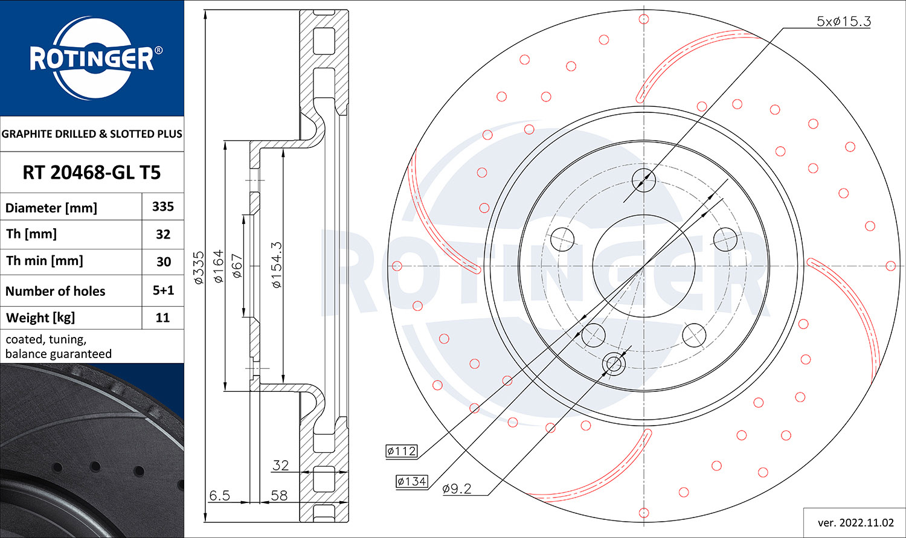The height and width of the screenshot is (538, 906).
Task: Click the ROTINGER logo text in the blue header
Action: [x=92, y=59]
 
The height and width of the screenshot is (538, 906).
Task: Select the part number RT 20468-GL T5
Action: [x=92, y=173]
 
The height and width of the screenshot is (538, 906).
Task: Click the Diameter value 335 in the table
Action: [x=163, y=207]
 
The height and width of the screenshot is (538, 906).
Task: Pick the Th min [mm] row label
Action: [x=45, y=261]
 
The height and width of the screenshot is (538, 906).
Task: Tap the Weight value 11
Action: [x=163, y=318]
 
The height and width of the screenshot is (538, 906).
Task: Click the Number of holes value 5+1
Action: [x=163, y=290]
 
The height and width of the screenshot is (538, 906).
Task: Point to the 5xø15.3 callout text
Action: [x=843, y=21]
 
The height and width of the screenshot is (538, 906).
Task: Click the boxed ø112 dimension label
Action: [x=402, y=451]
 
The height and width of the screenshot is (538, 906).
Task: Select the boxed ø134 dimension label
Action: [x=412, y=481]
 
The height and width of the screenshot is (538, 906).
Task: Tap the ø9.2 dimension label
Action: [x=457, y=488]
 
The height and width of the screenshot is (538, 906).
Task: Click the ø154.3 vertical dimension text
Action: [x=276, y=264]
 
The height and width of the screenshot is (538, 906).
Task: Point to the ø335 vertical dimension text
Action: [x=199, y=267]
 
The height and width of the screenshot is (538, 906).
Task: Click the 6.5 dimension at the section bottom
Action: [x=219, y=495]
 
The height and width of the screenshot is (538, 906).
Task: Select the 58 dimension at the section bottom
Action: [x=279, y=495]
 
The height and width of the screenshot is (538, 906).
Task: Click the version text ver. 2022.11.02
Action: [x=855, y=522]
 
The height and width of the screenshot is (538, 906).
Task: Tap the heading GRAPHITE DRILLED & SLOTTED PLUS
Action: [x=92, y=134]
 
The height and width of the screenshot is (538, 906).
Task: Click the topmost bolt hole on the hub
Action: [x=644, y=179]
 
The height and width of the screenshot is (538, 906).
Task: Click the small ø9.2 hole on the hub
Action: [x=614, y=363]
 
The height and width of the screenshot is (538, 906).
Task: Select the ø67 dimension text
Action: [x=237, y=266]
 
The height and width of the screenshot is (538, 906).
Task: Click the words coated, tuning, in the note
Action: [x=46, y=339]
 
